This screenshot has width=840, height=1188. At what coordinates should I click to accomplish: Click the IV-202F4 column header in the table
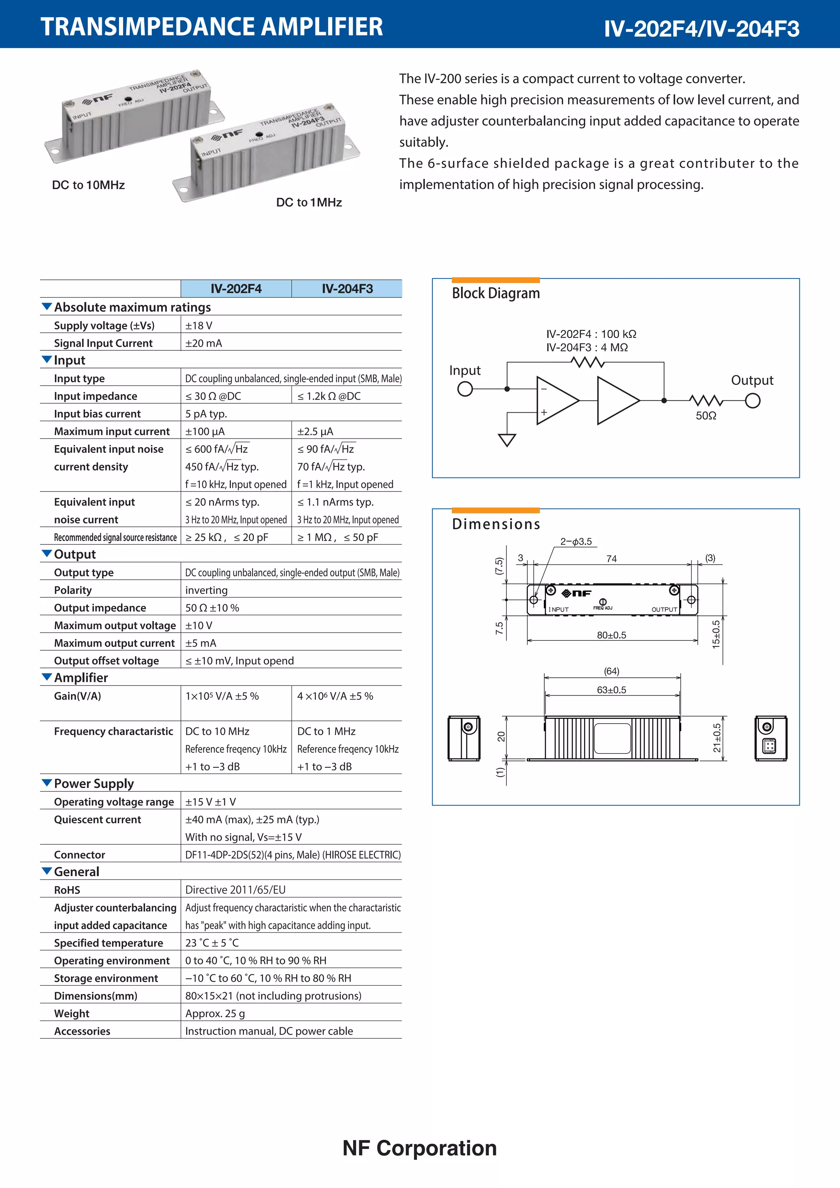pyautogui.click(x=236, y=289)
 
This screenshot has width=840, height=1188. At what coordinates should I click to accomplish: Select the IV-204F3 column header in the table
pyautogui.click(x=347, y=289)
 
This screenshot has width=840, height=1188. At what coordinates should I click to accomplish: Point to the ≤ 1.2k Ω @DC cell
pyautogui.click(x=329, y=396)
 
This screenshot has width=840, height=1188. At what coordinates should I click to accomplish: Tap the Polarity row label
pyautogui.click(x=73, y=590)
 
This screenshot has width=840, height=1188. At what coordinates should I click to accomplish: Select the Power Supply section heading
pyautogui.click(x=94, y=784)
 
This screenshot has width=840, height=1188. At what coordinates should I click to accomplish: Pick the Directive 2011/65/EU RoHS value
pyautogui.click(x=235, y=890)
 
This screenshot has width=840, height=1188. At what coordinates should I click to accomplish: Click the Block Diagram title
pyautogui.click(x=495, y=293)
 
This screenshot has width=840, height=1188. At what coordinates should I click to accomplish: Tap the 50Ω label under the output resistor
pyautogui.click(x=705, y=416)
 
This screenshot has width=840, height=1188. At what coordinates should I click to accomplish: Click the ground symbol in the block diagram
pyautogui.click(x=507, y=440)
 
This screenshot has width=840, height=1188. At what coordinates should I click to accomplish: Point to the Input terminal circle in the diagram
pyautogui.click(x=465, y=388)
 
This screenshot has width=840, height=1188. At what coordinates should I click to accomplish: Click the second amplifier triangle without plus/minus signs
pyautogui.click(x=616, y=400)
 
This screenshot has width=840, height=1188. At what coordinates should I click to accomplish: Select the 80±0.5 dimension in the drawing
pyautogui.click(x=612, y=635)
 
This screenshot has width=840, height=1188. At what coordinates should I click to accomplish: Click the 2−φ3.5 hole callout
pyautogui.click(x=576, y=542)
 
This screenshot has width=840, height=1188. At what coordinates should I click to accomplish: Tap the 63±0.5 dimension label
pyautogui.click(x=612, y=690)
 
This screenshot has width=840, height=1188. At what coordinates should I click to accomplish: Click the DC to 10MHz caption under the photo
pyautogui.click(x=89, y=185)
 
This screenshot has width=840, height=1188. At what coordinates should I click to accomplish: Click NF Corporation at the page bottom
pyautogui.click(x=420, y=1148)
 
